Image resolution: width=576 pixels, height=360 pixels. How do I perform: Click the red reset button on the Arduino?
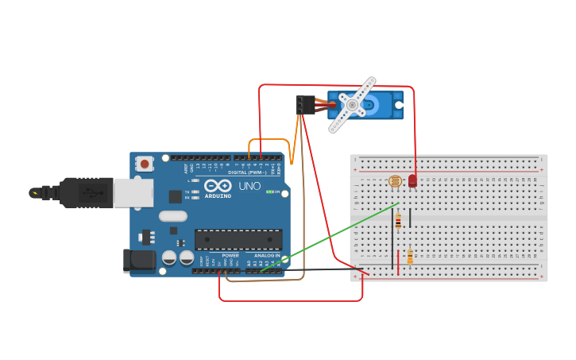click(x=144, y=163)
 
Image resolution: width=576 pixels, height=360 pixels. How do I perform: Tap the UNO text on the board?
click(x=249, y=186)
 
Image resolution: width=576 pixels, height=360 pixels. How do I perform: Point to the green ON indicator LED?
click(x=270, y=192)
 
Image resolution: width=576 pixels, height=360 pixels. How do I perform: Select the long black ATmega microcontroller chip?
click(x=238, y=239)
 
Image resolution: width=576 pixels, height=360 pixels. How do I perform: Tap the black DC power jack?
click(x=139, y=261)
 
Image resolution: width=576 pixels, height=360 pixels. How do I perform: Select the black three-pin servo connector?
click(x=305, y=105)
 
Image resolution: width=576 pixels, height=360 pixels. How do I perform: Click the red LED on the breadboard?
click(x=412, y=181)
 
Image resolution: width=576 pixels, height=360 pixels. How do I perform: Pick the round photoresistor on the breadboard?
click(x=395, y=182)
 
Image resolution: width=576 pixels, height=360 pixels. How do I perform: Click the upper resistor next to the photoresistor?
click(x=398, y=222)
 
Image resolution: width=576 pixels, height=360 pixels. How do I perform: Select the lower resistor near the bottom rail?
click(x=410, y=256)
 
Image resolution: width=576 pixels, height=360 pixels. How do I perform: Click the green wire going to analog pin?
click(x=334, y=235)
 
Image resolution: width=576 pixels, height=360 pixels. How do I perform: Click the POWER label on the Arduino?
click(x=230, y=255)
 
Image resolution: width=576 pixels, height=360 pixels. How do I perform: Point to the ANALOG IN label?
click(x=267, y=255)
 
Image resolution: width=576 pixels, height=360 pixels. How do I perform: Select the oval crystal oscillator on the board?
click(x=172, y=215)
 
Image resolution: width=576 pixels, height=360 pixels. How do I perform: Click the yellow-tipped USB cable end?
click(x=34, y=192)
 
